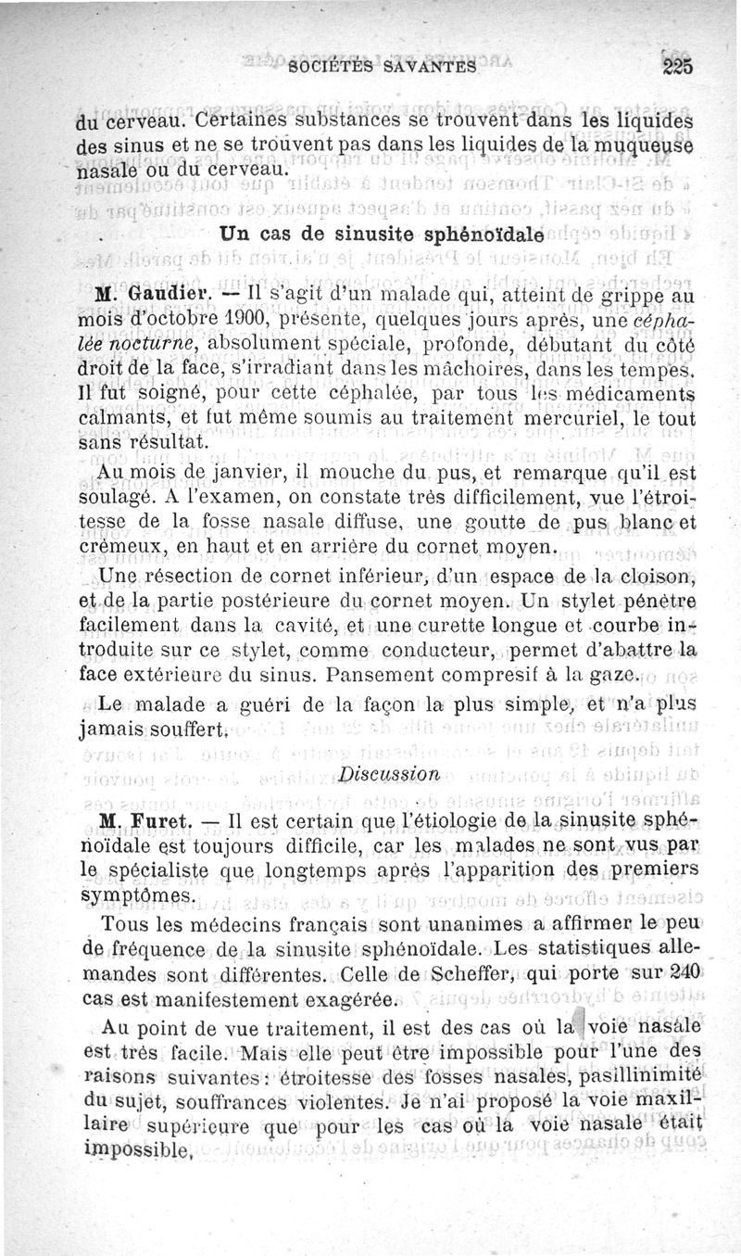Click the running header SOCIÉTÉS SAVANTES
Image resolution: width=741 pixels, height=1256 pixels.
[382, 66]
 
